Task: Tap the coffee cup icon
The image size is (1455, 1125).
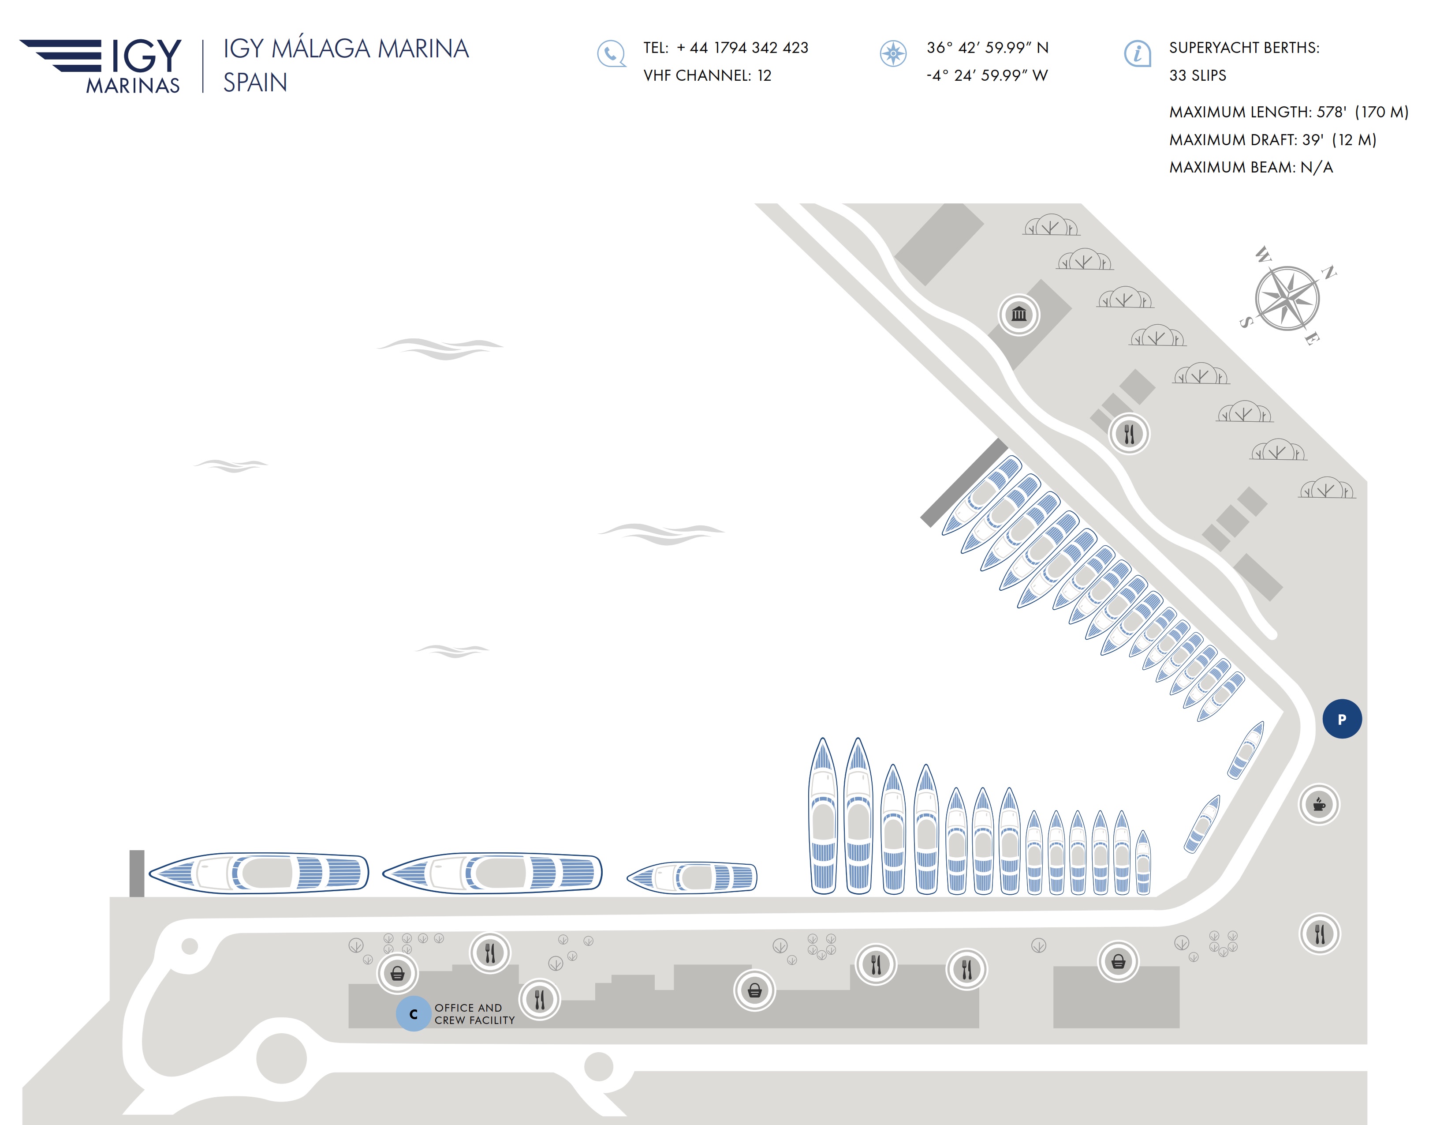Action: [1319, 804]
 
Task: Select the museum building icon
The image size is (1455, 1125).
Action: [1018, 314]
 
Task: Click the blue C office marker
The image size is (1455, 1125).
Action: [414, 1014]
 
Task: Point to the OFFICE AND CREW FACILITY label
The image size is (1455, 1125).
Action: [474, 1014]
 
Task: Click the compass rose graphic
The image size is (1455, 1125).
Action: [1288, 297]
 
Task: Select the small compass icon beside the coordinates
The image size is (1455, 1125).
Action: [893, 53]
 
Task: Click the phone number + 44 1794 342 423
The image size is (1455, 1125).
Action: [742, 48]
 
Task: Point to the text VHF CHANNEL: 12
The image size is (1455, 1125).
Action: [707, 75]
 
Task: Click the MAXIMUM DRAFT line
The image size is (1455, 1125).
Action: [1272, 139]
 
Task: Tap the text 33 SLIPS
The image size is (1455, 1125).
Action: [1197, 75]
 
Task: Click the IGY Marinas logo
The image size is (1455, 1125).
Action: [101, 65]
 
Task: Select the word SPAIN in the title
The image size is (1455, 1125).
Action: [255, 82]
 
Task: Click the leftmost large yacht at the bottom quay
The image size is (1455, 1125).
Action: [258, 872]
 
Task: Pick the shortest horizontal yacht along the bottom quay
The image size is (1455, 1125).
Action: [692, 877]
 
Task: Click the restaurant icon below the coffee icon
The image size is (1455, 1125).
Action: [1319, 934]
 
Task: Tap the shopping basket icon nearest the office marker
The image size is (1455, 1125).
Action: [398, 974]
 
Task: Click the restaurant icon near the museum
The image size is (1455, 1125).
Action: [1129, 434]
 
